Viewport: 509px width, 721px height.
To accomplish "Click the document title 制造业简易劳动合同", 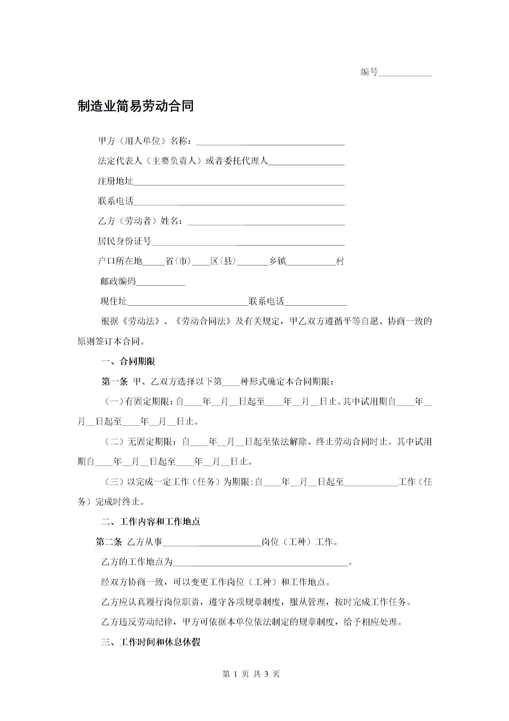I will coord(135,106).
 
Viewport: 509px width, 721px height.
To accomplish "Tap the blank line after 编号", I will coord(405,73).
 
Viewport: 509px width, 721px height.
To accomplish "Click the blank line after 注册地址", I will coord(239,182).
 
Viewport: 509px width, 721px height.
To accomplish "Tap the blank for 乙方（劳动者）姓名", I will coord(266,222).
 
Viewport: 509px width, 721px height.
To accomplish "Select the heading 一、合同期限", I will coord(128,362).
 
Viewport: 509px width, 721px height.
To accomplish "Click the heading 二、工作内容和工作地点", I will coord(151,521).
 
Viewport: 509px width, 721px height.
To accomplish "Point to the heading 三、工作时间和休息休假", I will coord(151,642).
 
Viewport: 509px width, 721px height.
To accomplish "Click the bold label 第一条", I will coord(114,382).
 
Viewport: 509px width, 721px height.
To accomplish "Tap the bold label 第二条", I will coord(109,542).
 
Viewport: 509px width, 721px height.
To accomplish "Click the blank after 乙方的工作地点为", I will coord(260,563).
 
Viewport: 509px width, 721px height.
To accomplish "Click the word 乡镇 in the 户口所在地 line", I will coord(277,261).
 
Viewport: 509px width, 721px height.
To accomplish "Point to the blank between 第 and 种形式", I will coord(231,382).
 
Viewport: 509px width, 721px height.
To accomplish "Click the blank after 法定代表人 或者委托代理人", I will coord(306,162).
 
